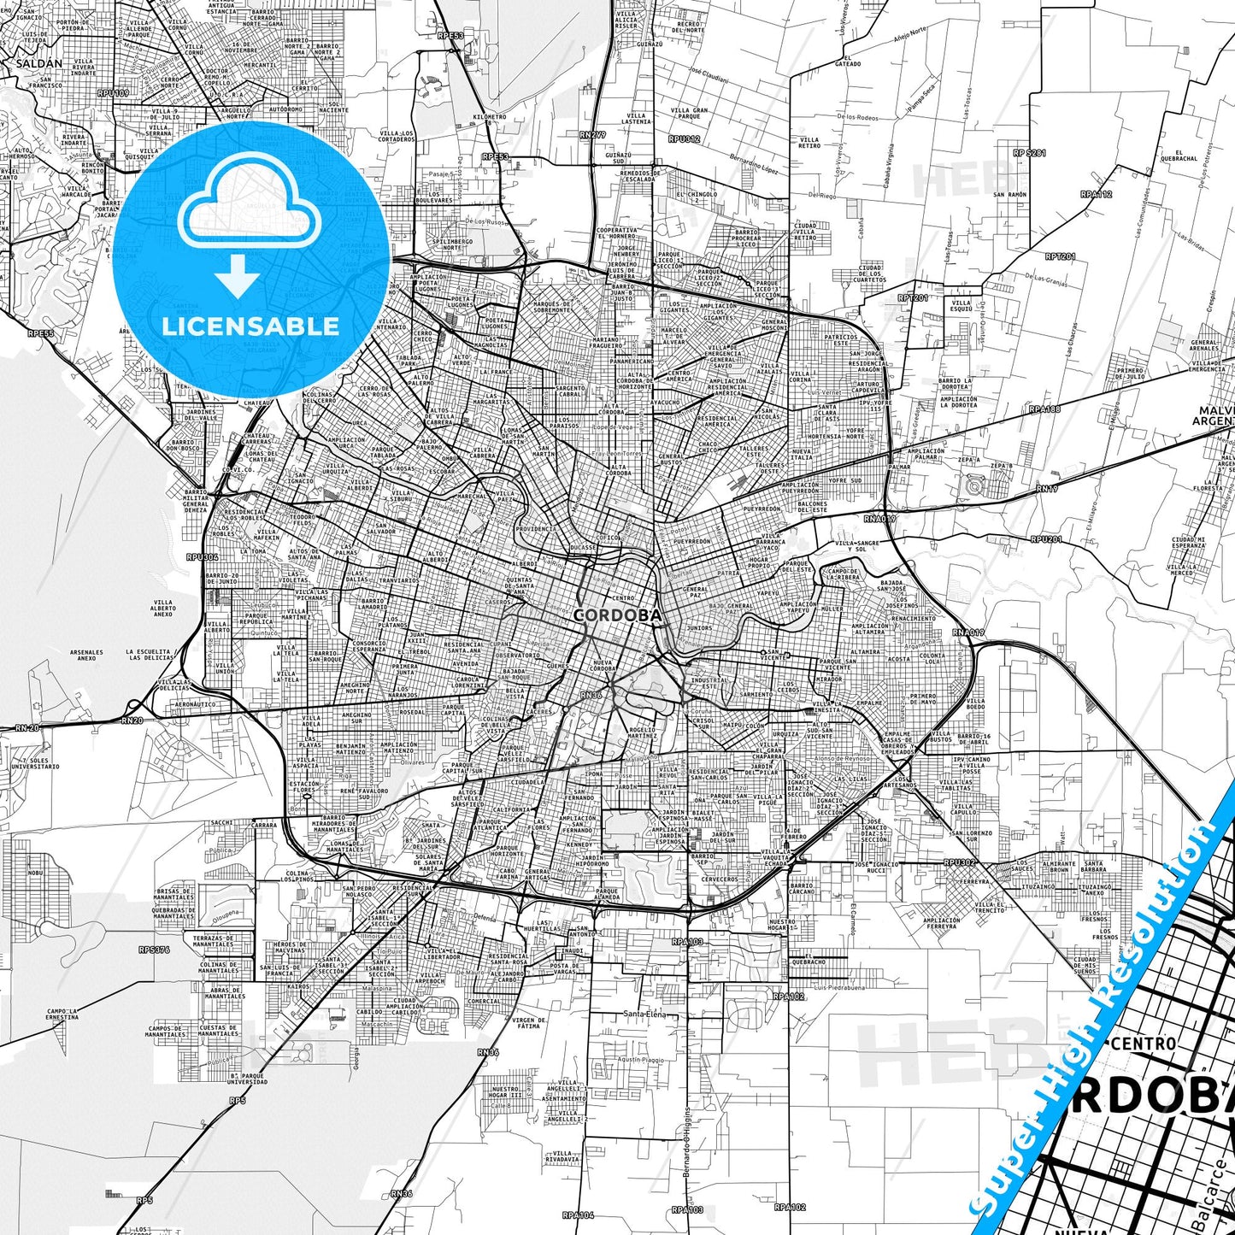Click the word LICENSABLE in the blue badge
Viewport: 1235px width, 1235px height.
pos(250,326)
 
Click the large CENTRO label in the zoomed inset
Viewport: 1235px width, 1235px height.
pos(1144,1044)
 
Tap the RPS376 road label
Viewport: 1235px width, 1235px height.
pos(154,950)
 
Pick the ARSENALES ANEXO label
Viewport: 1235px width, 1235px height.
pos(86,655)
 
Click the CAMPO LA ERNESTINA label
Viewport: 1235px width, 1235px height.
pos(62,1014)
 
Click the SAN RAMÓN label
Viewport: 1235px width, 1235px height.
pos(1009,195)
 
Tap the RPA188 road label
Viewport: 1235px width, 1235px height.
pos(1044,409)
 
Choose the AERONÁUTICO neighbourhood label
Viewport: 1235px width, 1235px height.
pos(195,704)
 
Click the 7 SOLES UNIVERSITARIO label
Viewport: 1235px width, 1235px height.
pos(35,763)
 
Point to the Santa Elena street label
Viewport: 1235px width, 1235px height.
pos(644,1014)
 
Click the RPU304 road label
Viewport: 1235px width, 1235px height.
pos(203,556)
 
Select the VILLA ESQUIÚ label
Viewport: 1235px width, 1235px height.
pos(962,305)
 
